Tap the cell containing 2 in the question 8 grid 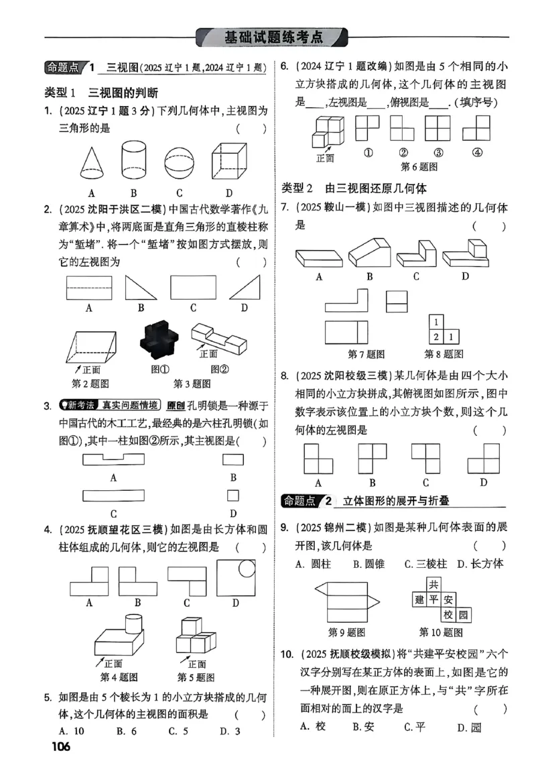(x=435, y=337)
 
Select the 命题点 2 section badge (x=309, y=501)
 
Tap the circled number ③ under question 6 (x=438, y=152)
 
